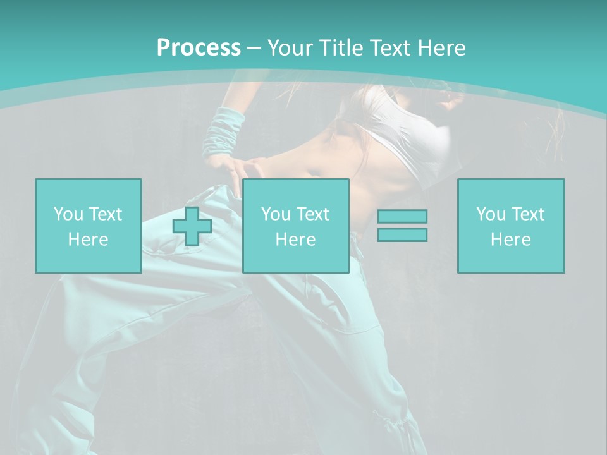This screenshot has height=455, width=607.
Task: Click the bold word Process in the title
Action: [x=199, y=47]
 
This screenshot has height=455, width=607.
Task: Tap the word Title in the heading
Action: [x=341, y=47]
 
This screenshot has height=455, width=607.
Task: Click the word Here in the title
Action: [x=441, y=47]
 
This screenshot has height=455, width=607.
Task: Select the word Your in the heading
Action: [x=291, y=47]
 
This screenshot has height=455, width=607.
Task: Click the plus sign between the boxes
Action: [x=192, y=226]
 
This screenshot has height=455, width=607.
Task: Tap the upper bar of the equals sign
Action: [x=402, y=217]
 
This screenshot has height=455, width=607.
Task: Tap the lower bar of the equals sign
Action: [x=402, y=234]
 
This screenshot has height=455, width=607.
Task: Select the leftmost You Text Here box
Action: [x=89, y=190]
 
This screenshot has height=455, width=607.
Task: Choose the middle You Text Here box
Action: [x=296, y=190]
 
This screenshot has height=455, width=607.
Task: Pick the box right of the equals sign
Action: [x=511, y=190]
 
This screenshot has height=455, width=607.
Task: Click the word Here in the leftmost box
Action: [x=88, y=240]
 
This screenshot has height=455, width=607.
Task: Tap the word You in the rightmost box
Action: [x=491, y=214]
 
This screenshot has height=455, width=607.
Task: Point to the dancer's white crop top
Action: [x=411, y=133]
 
